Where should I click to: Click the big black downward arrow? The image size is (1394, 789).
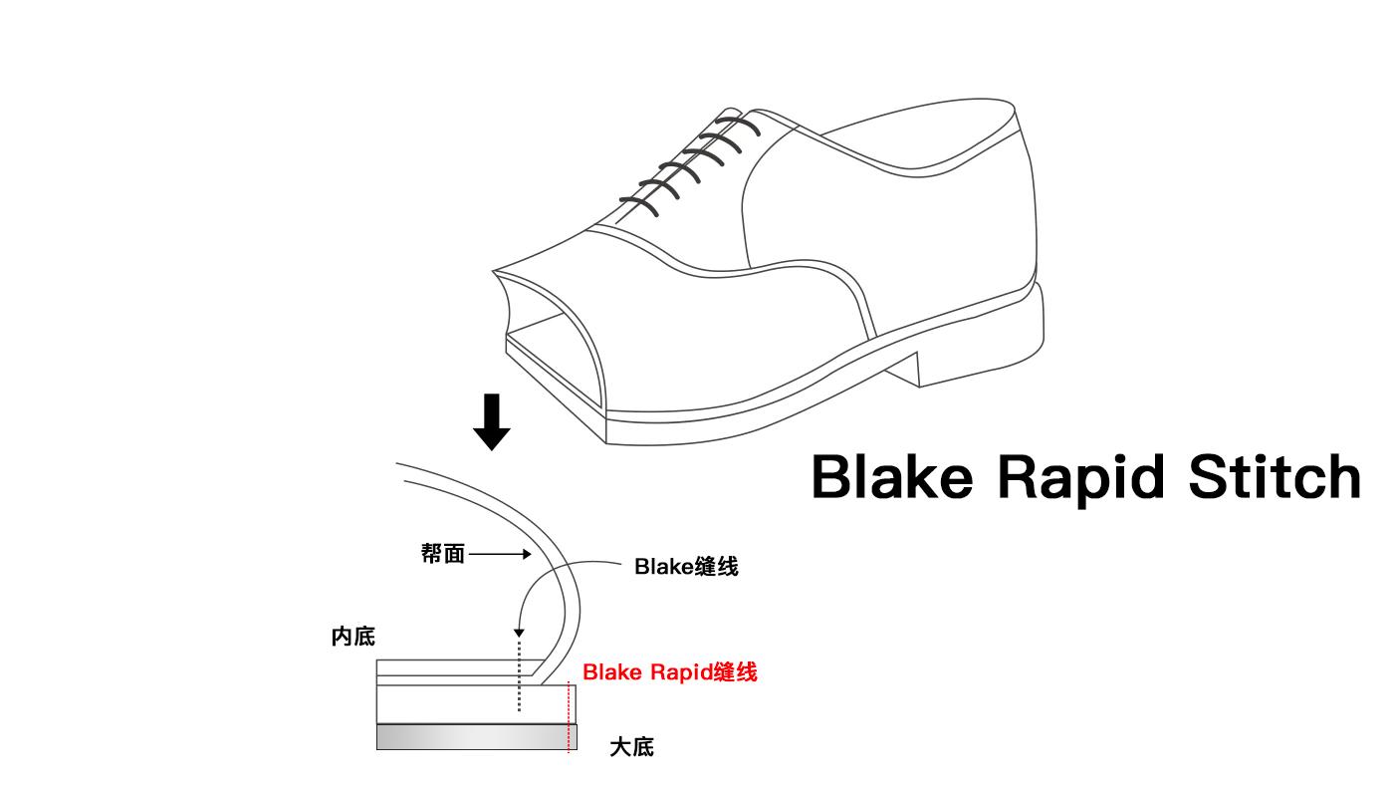click(x=491, y=421)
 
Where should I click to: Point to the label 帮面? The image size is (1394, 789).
click(x=443, y=554)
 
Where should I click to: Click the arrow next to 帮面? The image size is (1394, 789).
click(x=500, y=554)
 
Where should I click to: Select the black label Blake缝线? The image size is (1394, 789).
click(x=686, y=567)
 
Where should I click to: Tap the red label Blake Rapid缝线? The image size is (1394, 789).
click(x=670, y=672)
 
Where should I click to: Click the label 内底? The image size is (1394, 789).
click(x=353, y=637)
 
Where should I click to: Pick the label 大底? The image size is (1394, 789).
click(x=631, y=747)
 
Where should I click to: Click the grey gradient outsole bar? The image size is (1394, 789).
click(x=468, y=737)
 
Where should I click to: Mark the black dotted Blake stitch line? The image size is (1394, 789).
click(x=519, y=677)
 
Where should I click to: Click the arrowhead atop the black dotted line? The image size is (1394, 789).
click(x=519, y=634)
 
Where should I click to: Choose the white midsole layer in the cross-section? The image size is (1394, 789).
click(x=468, y=704)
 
